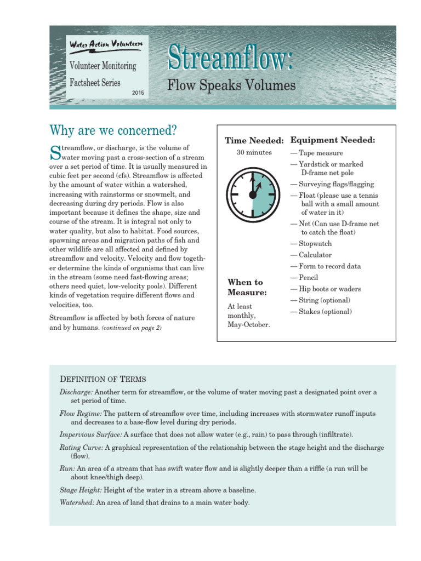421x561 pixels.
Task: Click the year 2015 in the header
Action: (x=138, y=92)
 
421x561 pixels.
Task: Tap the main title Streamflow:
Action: (x=230, y=59)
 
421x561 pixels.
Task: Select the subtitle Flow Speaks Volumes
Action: (x=231, y=86)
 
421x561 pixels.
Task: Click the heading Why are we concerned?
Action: (x=113, y=130)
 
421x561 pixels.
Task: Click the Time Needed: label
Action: (x=254, y=141)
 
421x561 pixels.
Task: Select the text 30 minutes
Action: (x=254, y=153)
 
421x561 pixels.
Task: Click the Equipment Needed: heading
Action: (x=332, y=141)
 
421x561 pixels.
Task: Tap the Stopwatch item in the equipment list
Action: (x=315, y=243)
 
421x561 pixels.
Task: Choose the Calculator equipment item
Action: (x=315, y=255)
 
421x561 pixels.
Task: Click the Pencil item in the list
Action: (x=308, y=278)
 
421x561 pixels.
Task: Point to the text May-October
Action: (x=248, y=325)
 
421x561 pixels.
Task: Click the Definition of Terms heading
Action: (x=102, y=380)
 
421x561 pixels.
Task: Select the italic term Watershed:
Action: (x=77, y=502)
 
